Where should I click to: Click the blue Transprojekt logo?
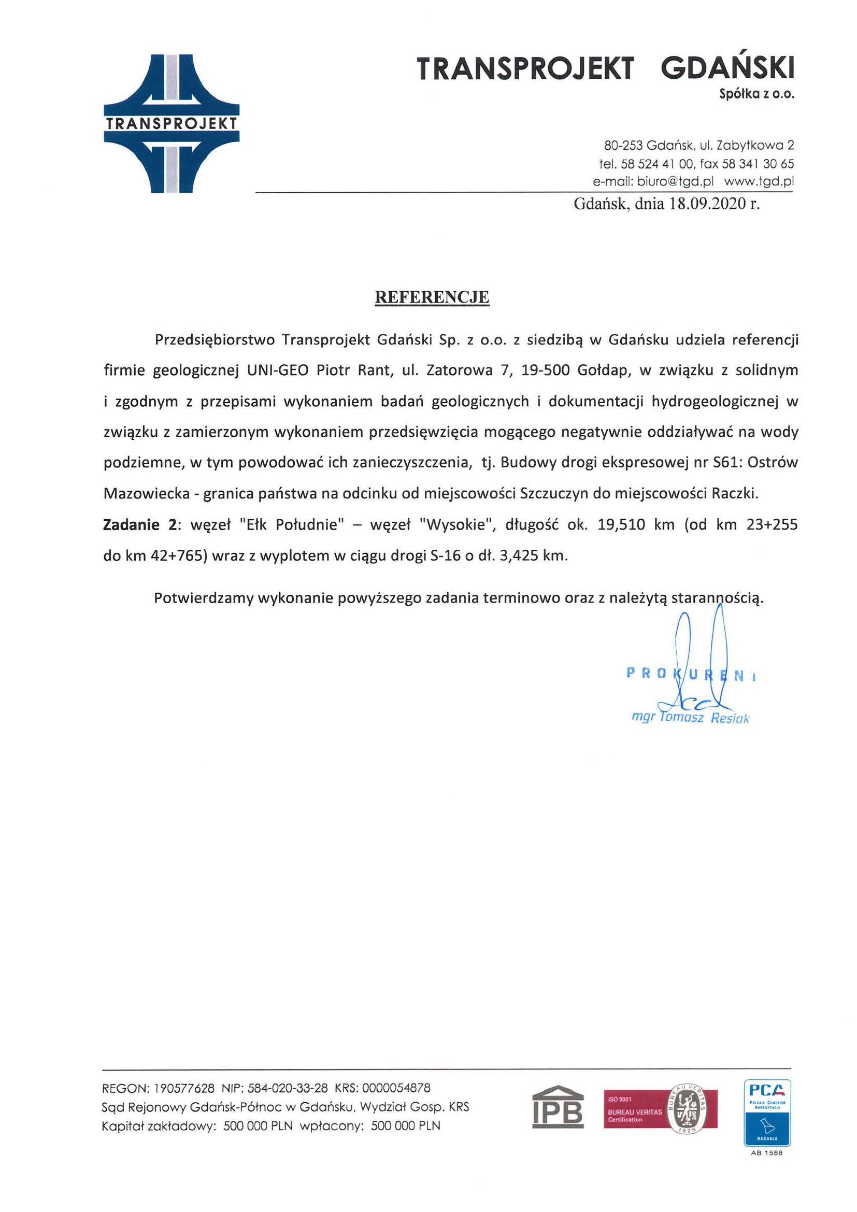(172, 123)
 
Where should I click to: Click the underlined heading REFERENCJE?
(432, 297)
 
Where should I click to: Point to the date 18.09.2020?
(707, 204)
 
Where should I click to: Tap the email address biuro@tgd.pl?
(675, 181)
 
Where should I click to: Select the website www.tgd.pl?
(759, 181)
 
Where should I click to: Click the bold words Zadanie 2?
(139, 525)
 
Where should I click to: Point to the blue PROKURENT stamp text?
(690, 674)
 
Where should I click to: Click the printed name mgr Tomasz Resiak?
(690, 718)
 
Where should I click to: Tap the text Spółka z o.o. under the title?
(756, 94)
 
